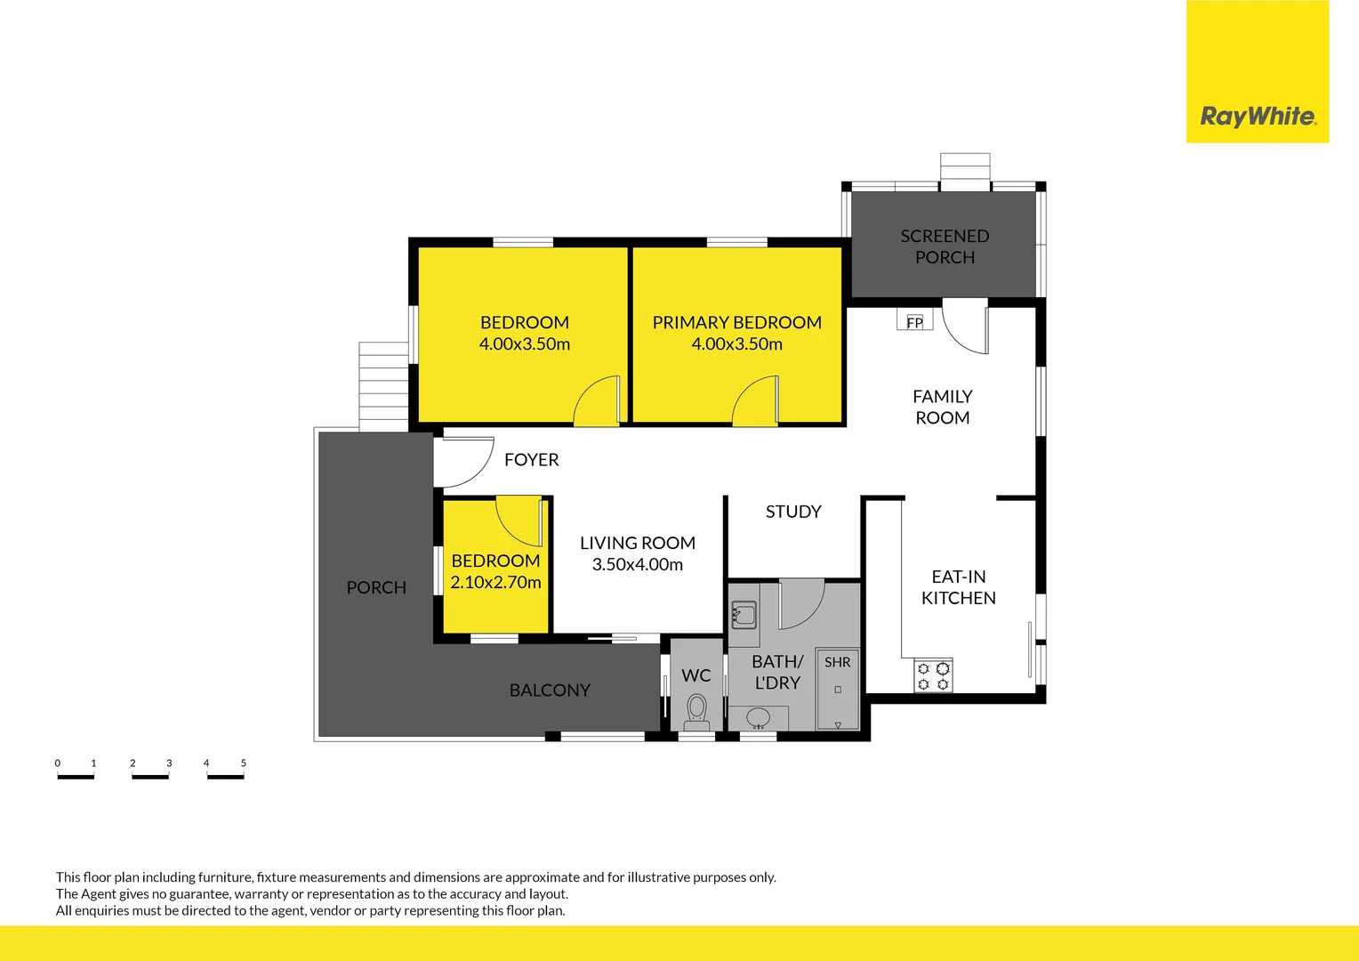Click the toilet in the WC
[696, 713]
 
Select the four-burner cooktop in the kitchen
[933, 675]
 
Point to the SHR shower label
[837, 662]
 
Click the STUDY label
[793, 512]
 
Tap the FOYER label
[532, 459]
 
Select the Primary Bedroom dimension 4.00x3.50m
[736, 344]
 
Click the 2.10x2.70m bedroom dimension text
[495, 582]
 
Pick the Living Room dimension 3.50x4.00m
[638, 564]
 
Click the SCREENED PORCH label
[945, 246]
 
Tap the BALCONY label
[550, 690]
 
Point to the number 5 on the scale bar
[244, 763]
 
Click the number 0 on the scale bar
[58, 763]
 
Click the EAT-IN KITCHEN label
[959, 587]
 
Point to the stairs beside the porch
[382, 387]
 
